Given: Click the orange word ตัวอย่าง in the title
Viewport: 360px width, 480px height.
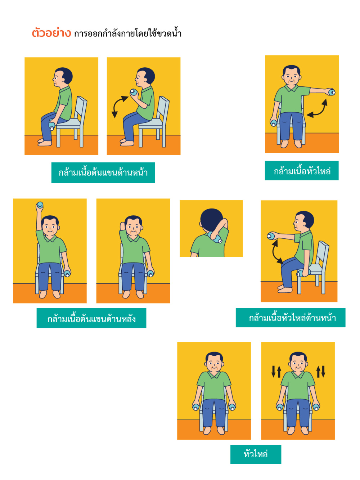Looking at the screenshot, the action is [51, 33].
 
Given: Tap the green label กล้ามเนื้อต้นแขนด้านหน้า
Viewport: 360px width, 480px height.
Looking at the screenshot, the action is [103, 172].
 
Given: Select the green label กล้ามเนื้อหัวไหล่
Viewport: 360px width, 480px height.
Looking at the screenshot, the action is [302, 171].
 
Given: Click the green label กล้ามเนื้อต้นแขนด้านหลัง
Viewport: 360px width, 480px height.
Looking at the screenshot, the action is [91, 318].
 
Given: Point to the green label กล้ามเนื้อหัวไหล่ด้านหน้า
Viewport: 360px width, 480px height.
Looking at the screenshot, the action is [291, 318].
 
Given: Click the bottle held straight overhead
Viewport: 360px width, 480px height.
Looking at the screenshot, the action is [40, 205].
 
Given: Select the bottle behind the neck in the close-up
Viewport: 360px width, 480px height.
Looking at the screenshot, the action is [215, 238].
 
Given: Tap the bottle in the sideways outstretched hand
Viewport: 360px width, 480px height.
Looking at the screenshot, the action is [332, 92].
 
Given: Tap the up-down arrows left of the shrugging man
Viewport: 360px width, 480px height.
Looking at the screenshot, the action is [276, 372].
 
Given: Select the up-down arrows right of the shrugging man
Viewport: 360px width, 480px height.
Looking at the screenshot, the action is [321, 372].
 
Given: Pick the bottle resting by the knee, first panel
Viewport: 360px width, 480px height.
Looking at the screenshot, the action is [52, 126].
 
